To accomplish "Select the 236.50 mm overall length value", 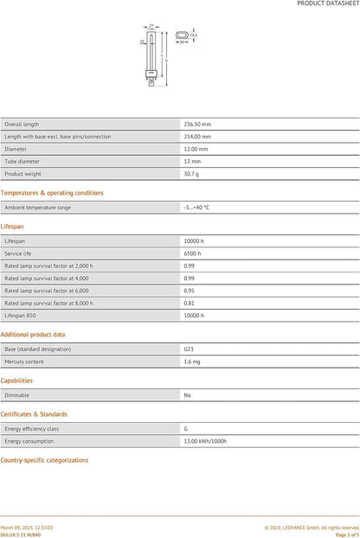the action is click(x=197, y=124).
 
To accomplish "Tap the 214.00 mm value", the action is click(x=197, y=136).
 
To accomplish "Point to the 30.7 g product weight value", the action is click(x=191, y=173).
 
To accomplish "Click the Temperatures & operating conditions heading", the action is click(x=52, y=193).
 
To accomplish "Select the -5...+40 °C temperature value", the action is click(x=196, y=208).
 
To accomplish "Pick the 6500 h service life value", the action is click(x=192, y=253).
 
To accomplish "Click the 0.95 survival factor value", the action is click(x=189, y=291).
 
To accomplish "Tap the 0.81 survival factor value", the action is click(x=189, y=303).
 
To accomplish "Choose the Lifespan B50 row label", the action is click(x=21, y=316).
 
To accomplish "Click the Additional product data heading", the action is click(x=33, y=334).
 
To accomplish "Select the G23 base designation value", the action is click(x=189, y=349).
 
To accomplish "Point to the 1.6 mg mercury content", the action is click(x=191, y=361).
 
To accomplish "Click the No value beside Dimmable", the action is click(x=187, y=394).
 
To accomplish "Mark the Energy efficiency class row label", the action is click(x=31, y=428).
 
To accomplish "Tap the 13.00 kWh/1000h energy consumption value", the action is click(x=205, y=440).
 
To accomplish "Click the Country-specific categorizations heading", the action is click(x=45, y=460).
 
